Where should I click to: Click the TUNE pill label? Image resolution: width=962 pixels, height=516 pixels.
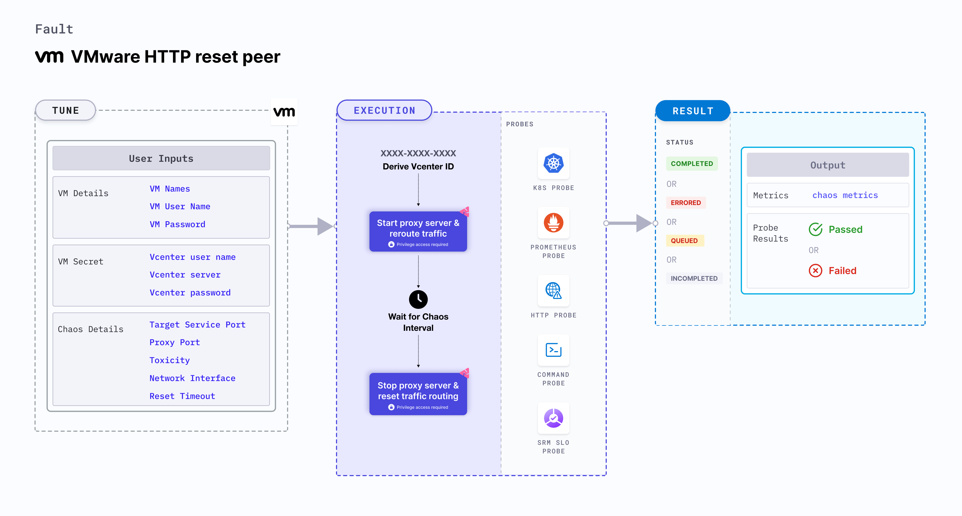click(x=66, y=111)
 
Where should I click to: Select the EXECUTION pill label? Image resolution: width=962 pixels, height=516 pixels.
click(x=384, y=111)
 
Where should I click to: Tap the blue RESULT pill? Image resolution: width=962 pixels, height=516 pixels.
click(x=693, y=111)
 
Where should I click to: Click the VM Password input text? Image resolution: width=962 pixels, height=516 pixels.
click(x=177, y=224)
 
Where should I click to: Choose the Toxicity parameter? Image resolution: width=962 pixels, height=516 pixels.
click(x=170, y=360)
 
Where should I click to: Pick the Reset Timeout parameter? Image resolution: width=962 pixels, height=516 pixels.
click(x=182, y=396)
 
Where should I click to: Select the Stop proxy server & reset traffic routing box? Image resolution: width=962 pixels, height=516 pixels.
click(x=418, y=394)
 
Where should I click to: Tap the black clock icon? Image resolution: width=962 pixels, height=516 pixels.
click(x=418, y=299)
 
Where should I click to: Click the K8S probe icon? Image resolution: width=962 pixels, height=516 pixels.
click(x=553, y=163)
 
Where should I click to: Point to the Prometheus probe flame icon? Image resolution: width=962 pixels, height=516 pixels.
click(x=553, y=223)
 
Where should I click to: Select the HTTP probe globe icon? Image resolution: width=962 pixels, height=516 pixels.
click(x=553, y=290)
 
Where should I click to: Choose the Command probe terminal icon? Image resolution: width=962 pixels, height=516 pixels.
click(x=553, y=350)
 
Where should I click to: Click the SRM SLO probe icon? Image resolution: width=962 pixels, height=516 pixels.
click(x=553, y=418)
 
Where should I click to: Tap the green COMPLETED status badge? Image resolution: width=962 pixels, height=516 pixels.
click(x=692, y=164)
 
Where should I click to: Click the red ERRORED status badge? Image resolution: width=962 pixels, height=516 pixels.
click(x=686, y=203)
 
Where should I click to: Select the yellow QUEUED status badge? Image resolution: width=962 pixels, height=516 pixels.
click(x=684, y=241)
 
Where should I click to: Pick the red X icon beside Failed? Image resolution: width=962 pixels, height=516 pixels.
click(x=815, y=271)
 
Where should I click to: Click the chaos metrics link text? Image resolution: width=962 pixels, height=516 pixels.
click(x=845, y=195)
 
